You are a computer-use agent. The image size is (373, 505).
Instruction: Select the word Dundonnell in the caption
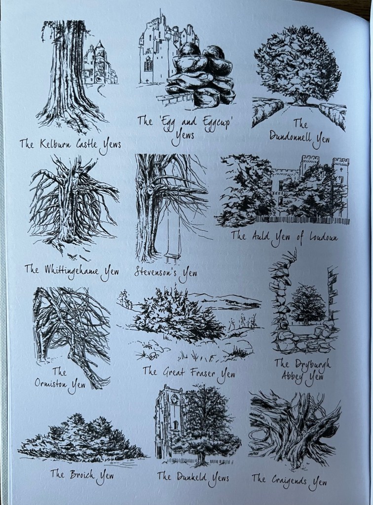click(x=290, y=137)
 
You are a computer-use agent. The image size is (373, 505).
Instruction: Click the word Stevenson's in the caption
click(x=155, y=272)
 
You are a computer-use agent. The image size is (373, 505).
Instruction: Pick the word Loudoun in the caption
click(x=323, y=237)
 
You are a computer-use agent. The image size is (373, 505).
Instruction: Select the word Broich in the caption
click(x=82, y=474)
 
